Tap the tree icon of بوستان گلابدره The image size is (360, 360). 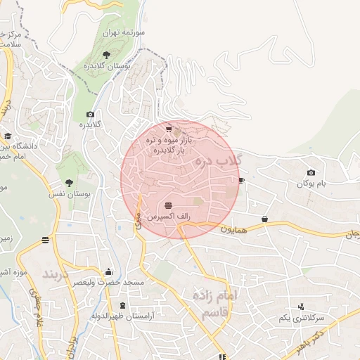106,54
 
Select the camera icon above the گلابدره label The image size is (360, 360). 90,114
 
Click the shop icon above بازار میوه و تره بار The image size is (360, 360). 169,129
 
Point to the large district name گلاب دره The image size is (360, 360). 218,163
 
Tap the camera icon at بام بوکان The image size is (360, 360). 311,173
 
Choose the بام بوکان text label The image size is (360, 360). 311,184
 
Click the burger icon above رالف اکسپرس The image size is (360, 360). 167,205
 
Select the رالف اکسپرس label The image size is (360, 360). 167,217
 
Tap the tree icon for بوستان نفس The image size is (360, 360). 68,182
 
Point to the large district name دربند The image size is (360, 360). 56,273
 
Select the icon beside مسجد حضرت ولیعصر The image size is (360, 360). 108,272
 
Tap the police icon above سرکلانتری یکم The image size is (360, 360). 302,307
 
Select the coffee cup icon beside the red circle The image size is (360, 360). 242,181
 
